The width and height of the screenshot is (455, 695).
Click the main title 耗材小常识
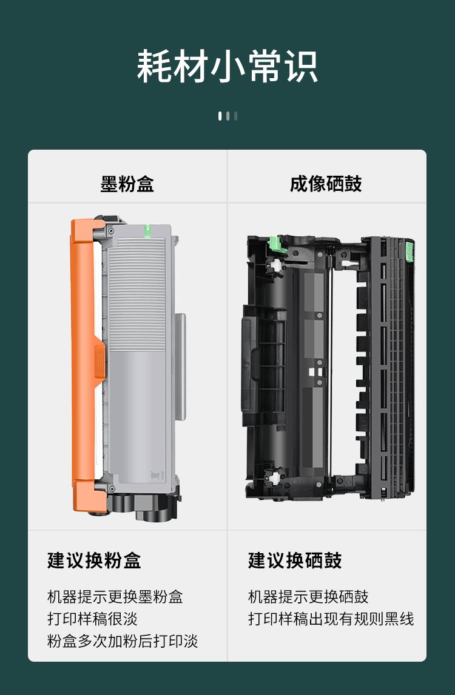227,66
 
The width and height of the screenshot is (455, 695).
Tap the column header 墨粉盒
127,184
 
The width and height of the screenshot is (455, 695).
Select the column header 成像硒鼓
326,184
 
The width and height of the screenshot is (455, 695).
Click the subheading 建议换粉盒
94,560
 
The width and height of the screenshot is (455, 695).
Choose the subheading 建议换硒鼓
295,560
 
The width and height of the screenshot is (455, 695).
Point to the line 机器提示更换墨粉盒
115,597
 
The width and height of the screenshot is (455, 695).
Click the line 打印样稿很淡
93,619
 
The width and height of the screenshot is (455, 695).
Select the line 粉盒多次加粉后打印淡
123,641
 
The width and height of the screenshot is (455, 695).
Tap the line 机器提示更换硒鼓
308,597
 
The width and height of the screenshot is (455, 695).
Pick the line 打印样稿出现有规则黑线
331,619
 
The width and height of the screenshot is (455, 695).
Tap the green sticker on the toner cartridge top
146,230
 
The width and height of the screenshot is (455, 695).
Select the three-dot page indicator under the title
227,116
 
